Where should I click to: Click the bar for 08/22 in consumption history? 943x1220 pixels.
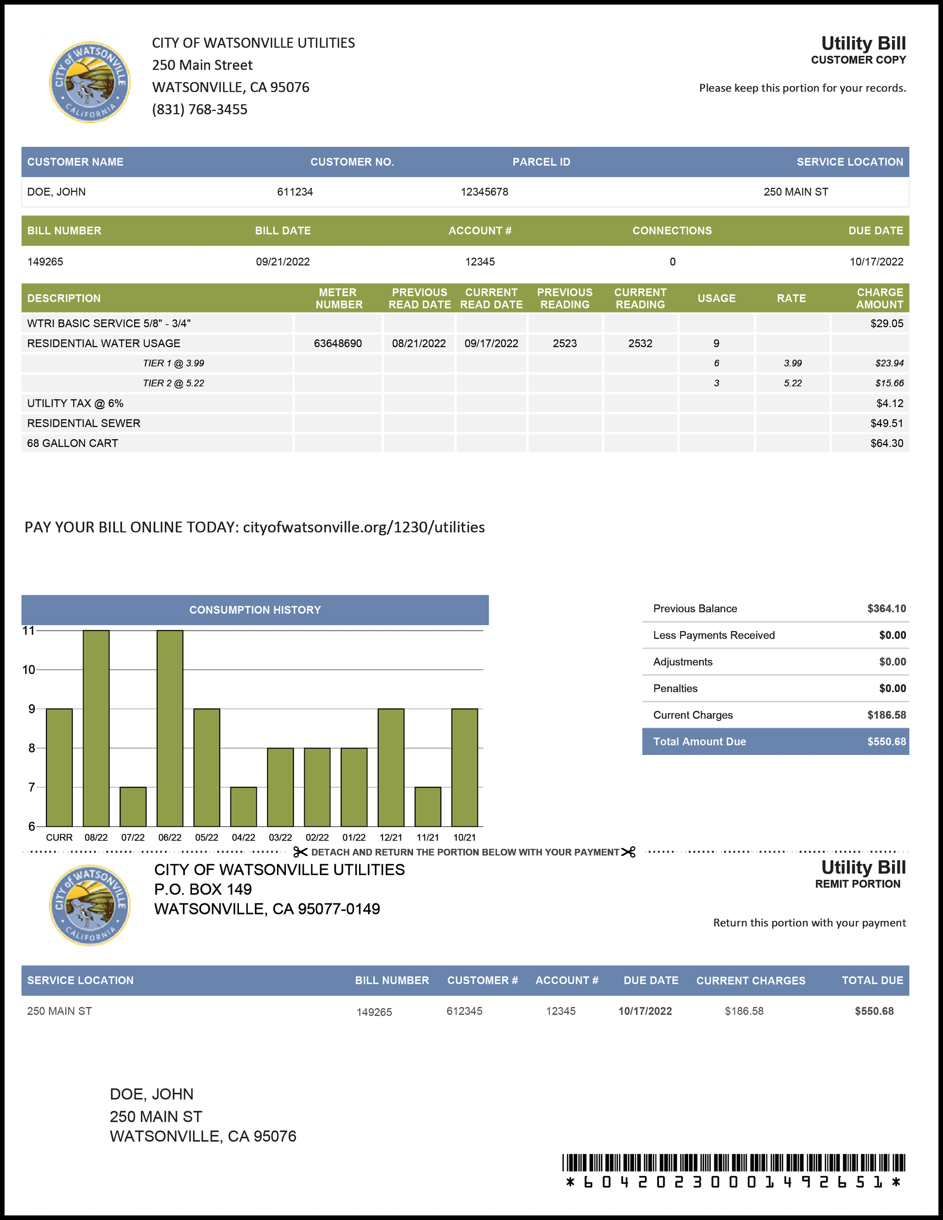point(96,728)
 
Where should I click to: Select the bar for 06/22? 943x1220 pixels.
point(170,728)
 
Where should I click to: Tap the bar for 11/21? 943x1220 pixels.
point(428,806)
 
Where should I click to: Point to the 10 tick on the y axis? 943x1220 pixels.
point(29,670)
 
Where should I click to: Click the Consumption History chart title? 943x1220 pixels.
point(255,610)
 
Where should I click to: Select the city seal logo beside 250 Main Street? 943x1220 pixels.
point(90,82)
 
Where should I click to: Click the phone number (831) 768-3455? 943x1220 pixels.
point(199,109)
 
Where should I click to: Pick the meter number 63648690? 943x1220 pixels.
point(337,343)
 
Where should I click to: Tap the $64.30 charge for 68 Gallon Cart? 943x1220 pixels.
point(887,443)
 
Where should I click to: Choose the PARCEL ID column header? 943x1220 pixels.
point(541,162)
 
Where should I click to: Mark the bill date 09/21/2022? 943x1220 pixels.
point(283,262)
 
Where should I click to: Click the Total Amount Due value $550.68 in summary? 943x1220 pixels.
point(886,742)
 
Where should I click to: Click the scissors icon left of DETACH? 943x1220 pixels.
point(300,852)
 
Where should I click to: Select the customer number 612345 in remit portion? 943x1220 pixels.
point(464,1011)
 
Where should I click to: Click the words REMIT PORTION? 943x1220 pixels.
point(858,884)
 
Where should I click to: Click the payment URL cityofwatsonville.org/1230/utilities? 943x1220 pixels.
point(364,527)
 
